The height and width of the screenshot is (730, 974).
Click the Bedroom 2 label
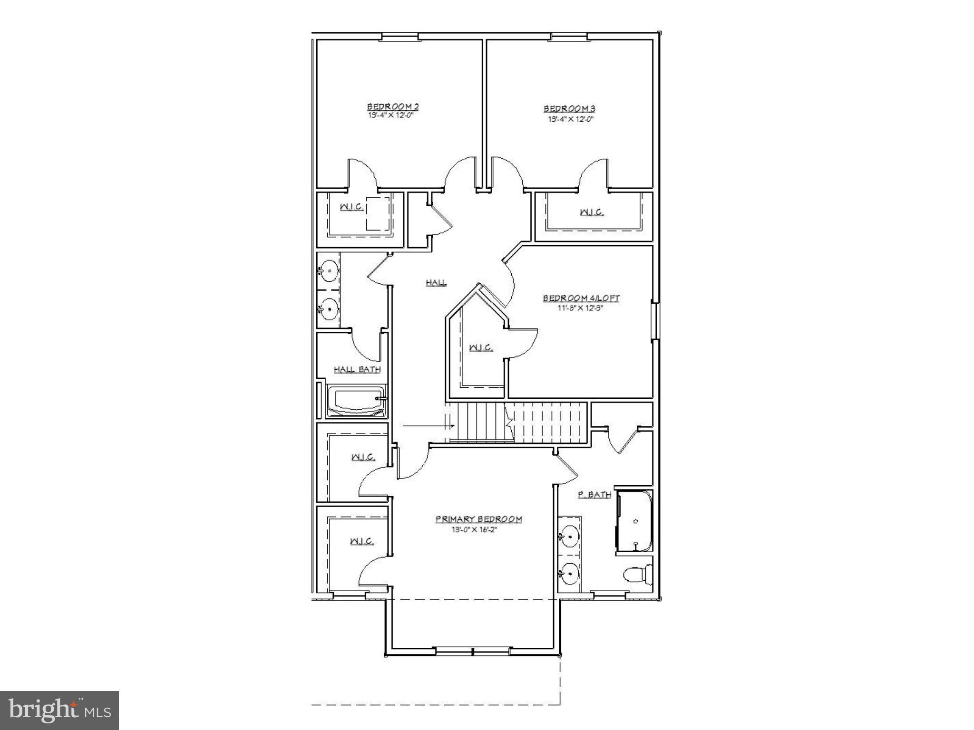pyautogui.click(x=392, y=106)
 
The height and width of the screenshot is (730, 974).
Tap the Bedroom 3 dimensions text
pyautogui.click(x=571, y=119)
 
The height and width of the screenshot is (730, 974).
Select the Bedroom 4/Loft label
pyautogui.click(x=581, y=298)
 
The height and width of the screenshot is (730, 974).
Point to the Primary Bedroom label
pyautogui.click(x=478, y=519)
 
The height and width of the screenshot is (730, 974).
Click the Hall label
pyautogui.click(x=436, y=283)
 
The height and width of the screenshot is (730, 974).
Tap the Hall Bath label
pyautogui.click(x=357, y=369)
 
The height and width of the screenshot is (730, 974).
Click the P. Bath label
pyautogui.click(x=594, y=495)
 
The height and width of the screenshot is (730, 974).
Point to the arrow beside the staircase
pyautogui.click(x=428, y=426)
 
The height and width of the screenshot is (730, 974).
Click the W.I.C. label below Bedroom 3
pyautogui.click(x=592, y=212)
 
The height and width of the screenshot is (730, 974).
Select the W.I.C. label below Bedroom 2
pyautogui.click(x=351, y=207)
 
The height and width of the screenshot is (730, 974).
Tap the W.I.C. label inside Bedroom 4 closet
pyautogui.click(x=481, y=348)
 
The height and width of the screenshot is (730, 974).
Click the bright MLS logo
pyautogui.click(x=59, y=710)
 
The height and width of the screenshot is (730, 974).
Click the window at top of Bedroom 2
pyautogui.click(x=400, y=36)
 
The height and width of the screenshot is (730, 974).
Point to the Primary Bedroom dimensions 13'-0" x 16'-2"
pyautogui.click(x=476, y=530)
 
